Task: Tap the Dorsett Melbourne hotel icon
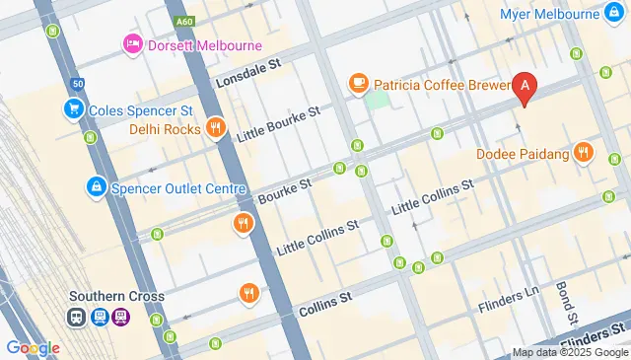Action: click(132, 44)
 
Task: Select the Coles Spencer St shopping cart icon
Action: click(73, 108)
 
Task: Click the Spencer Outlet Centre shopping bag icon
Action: click(96, 185)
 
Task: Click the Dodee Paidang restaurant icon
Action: click(585, 153)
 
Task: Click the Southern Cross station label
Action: click(116, 296)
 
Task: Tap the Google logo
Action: click(33, 347)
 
